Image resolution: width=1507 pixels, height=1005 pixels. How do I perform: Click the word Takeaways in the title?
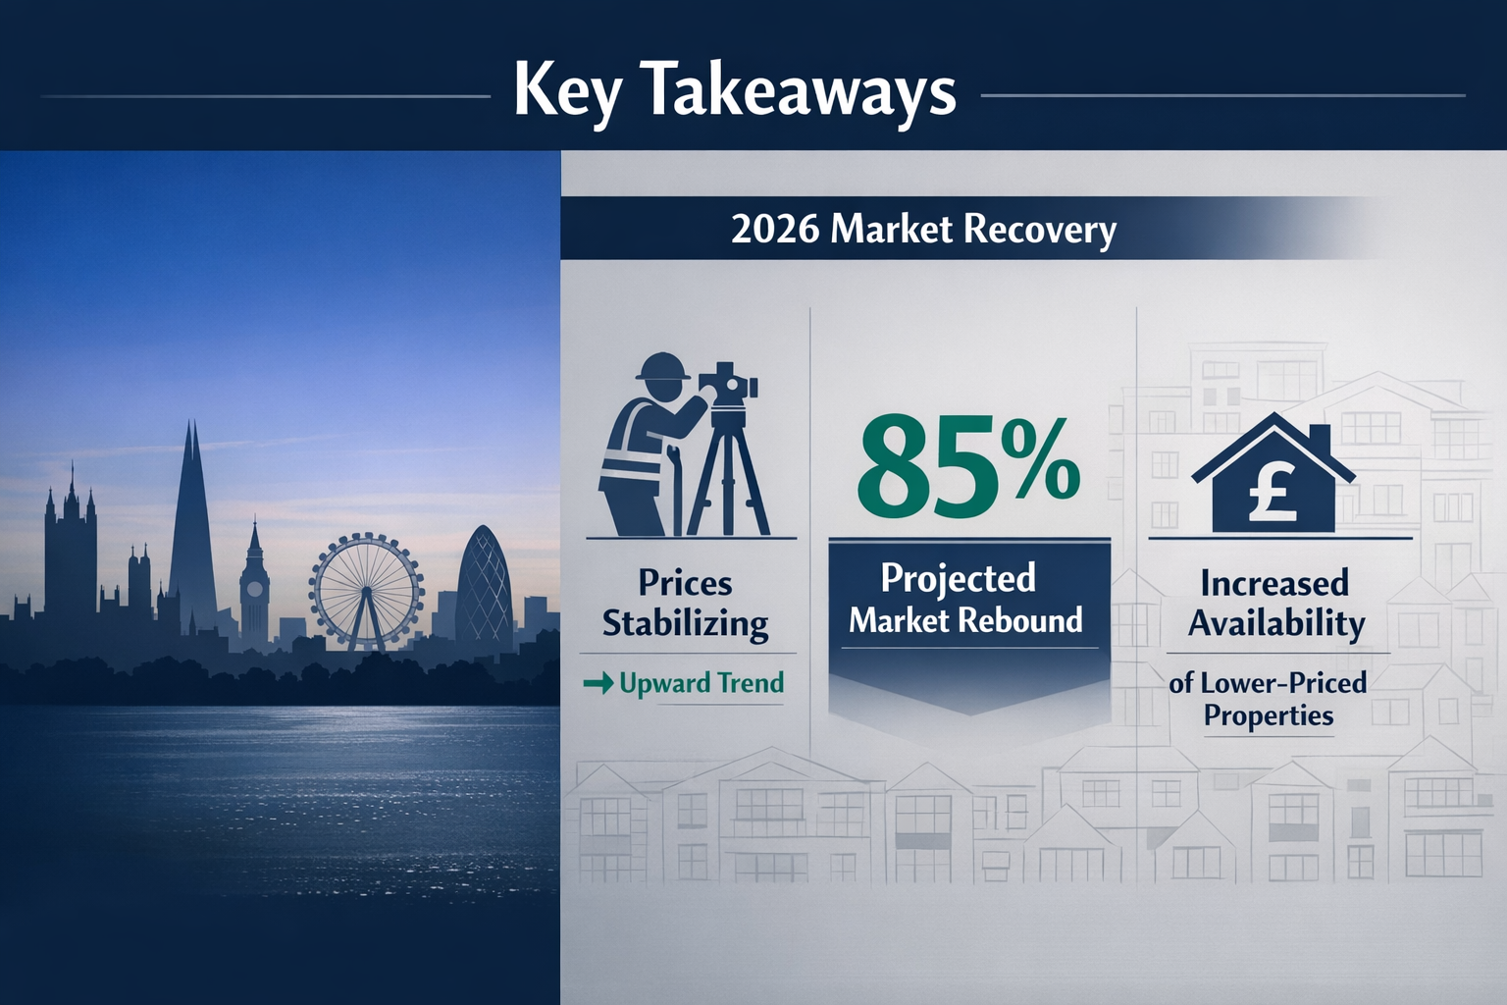pyautogui.click(x=800, y=91)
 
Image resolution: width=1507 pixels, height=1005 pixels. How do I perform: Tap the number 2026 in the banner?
pyautogui.click(x=775, y=229)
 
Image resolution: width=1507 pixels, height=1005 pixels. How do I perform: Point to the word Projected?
pyautogui.click(x=958, y=579)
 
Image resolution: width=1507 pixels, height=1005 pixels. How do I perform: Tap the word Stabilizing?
pyautogui.click(x=685, y=624)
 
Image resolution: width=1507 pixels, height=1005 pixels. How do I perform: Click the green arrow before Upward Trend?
pyautogui.click(x=598, y=683)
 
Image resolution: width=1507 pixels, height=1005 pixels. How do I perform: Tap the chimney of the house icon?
pyautogui.click(x=1319, y=438)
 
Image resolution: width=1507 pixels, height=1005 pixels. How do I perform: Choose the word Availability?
pyautogui.click(x=1276, y=624)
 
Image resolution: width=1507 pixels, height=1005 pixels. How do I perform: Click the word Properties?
pyautogui.click(x=1269, y=715)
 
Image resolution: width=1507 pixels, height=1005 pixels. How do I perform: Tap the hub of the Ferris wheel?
pyautogui.click(x=367, y=591)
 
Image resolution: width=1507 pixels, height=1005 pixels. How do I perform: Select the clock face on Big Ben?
pyautogui.click(x=254, y=590)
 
